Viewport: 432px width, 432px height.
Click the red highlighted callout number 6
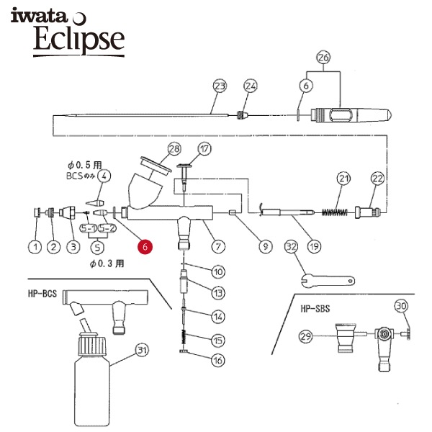pos(145,246)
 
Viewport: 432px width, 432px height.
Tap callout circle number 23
pos(220,86)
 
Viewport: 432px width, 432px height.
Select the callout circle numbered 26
pos(323,58)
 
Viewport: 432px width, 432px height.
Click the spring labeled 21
pos(335,212)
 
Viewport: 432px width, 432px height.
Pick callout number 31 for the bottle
pos(142,350)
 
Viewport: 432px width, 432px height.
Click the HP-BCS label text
pos(42,294)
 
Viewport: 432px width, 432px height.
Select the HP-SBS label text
pos(315,308)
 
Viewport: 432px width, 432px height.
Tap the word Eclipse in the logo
pos(79,39)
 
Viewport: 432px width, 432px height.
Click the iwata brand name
pos(39,16)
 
